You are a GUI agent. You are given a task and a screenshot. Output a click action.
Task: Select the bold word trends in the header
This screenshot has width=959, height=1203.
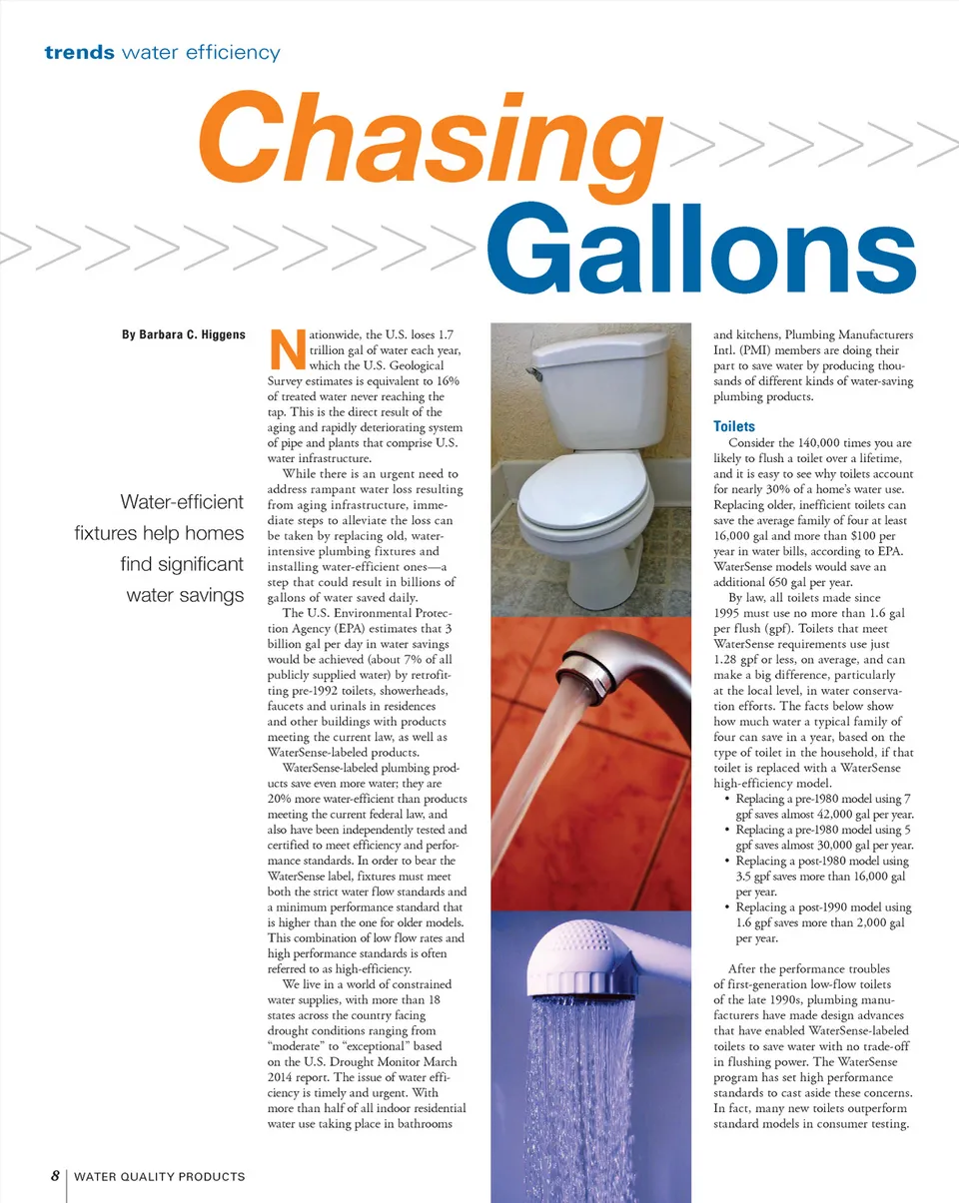pos(79,53)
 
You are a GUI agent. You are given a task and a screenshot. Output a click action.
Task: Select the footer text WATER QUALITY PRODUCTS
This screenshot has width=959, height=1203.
pos(160,1177)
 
